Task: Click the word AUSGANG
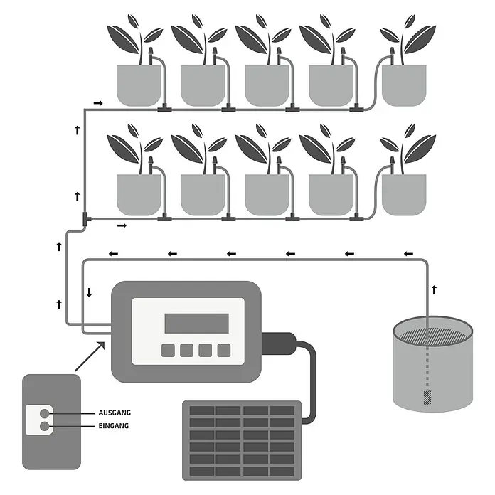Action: pyautogui.click(x=115, y=412)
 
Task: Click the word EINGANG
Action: pyautogui.click(x=114, y=426)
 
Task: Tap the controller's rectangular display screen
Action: pyautogui.click(x=197, y=324)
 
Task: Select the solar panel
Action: pyautogui.click(x=242, y=440)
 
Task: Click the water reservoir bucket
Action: pyautogui.click(x=433, y=364)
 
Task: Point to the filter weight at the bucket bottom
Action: pyautogui.click(x=427, y=398)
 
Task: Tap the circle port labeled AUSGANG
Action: pyautogui.click(x=45, y=413)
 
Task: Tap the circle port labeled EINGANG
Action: pyautogui.click(x=45, y=427)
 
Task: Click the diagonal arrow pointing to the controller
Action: pyautogui.click(x=90, y=356)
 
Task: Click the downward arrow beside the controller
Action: pyautogui.click(x=90, y=292)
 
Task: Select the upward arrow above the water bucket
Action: pyautogui.click(x=435, y=289)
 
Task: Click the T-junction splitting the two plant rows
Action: pyautogui.click(x=85, y=219)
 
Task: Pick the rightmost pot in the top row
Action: pyautogui.click(x=404, y=85)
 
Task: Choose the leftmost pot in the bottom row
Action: pyautogui.click(x=139, y=195)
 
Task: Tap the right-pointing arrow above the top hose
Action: pyautogui.click(x=98, y=103)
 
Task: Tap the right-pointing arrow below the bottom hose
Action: pyautogui.click(x=122, y=225)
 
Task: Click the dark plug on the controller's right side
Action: pyautogui.click(x=279, y=344)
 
